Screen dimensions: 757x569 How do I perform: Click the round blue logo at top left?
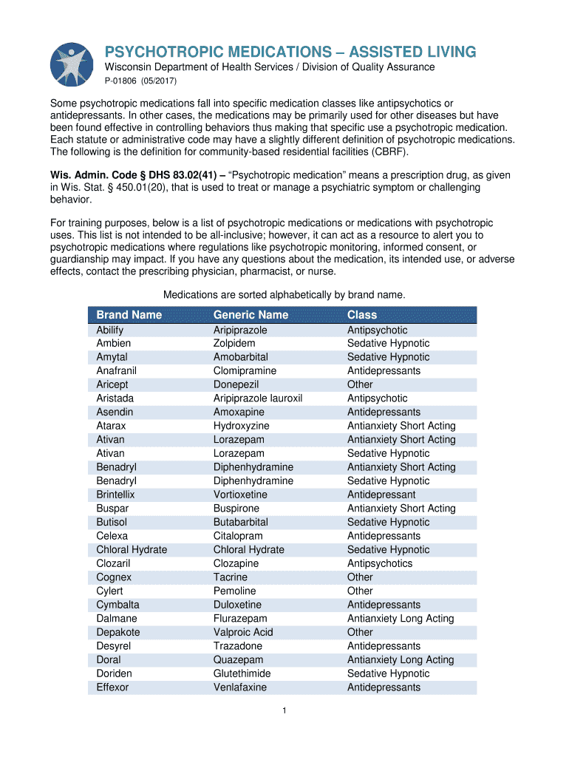(x=72, y=64)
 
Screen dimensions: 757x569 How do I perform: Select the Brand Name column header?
(x=129, y=315)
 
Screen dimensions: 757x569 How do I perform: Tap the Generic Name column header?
(x=251, y=315)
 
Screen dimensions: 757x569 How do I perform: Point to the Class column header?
(x=362, y=315)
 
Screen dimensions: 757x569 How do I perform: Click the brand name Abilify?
(x=109, y=330)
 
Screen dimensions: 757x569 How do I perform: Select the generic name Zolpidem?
(x=234, y=344)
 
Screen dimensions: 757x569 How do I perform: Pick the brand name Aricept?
(x=112, y=384)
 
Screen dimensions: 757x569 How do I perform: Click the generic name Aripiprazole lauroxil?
(x=257, y=398)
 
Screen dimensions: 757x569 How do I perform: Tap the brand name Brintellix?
(x=115, y=495)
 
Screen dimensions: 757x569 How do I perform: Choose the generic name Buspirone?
(x=236, y=509)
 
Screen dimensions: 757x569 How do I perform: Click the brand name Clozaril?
(x=113, y=563)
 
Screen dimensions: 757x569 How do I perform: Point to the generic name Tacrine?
(x=230, y=577)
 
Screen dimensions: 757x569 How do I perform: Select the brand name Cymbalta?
(x=117, y=605)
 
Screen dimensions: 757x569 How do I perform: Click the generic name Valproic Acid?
(x=243, y=632)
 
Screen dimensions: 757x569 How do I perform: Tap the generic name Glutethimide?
(x=242, y=673)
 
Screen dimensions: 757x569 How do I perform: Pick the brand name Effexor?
(x=112, y=688)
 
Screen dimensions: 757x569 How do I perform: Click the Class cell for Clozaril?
(x=380, y=563)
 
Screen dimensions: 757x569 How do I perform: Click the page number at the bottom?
(x=284, y=711)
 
